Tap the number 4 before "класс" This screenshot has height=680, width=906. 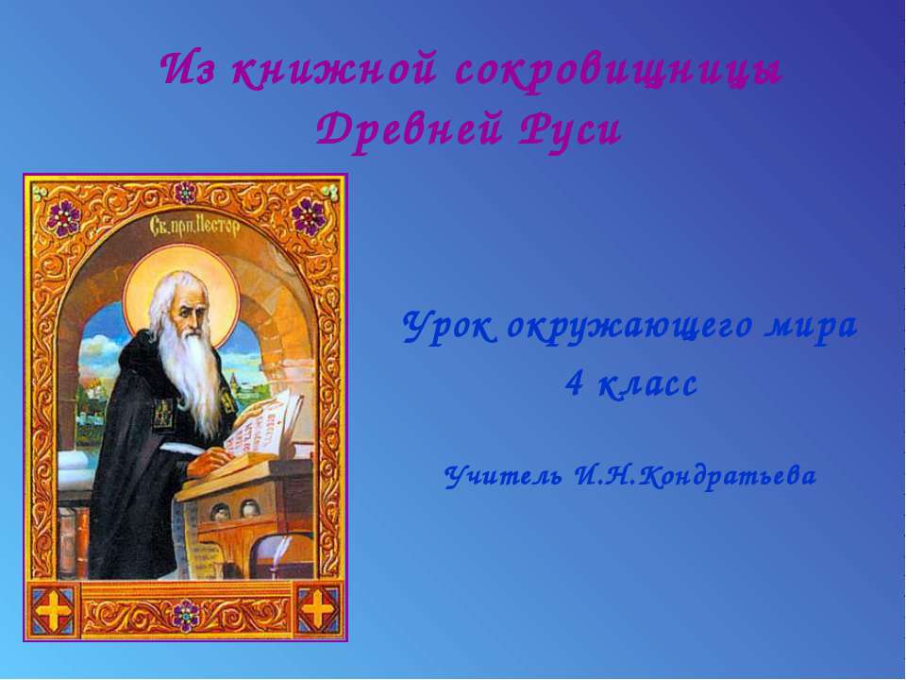pyautogui.click(x=573, y=384)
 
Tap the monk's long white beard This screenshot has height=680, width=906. pyautogui.click(x=193, y=378)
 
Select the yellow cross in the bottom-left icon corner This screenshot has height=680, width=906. pyautogui.click(x=54, y=609)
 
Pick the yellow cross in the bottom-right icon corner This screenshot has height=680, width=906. pyautogui.click(x=318, y=609)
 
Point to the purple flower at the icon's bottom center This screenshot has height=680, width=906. pyautogui.click(x=186, y=615)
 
